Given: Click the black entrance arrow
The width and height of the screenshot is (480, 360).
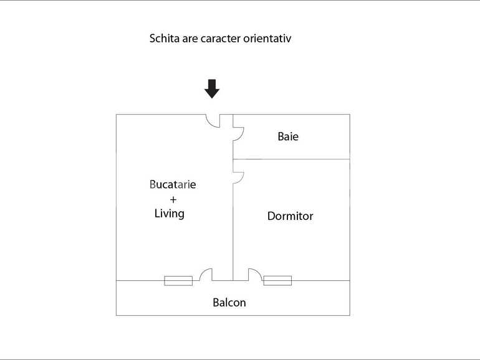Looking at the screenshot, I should (x=212, y=89).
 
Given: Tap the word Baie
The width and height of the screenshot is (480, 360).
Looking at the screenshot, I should (x=288, y=136).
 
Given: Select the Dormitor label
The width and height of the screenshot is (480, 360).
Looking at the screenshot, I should (x=290, y=216).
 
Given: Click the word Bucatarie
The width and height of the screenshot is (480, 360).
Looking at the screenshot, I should (x=173, y=184).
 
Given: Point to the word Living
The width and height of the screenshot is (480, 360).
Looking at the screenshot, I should (x=170, y=214).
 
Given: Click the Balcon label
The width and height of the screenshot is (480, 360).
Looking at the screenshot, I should (x=229, y=303).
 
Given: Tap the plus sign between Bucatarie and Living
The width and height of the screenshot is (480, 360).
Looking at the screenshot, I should (x=173, y=199).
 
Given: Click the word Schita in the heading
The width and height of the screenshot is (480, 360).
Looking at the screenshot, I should (x=163, y=39).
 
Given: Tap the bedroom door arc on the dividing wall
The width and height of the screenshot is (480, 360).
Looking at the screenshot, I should (x=238, y=178).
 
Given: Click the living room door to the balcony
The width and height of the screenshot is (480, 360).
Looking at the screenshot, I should (x=206, y=275).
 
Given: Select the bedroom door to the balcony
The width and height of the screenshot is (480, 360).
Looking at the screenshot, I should (x=254, y=275).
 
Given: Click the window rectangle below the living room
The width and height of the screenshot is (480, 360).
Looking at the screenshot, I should (x=178, y=281).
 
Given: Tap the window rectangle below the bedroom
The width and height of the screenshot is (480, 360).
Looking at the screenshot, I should (x=277, y=281).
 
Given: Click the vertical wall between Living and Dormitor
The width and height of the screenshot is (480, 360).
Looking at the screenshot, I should (x=233, y=230).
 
